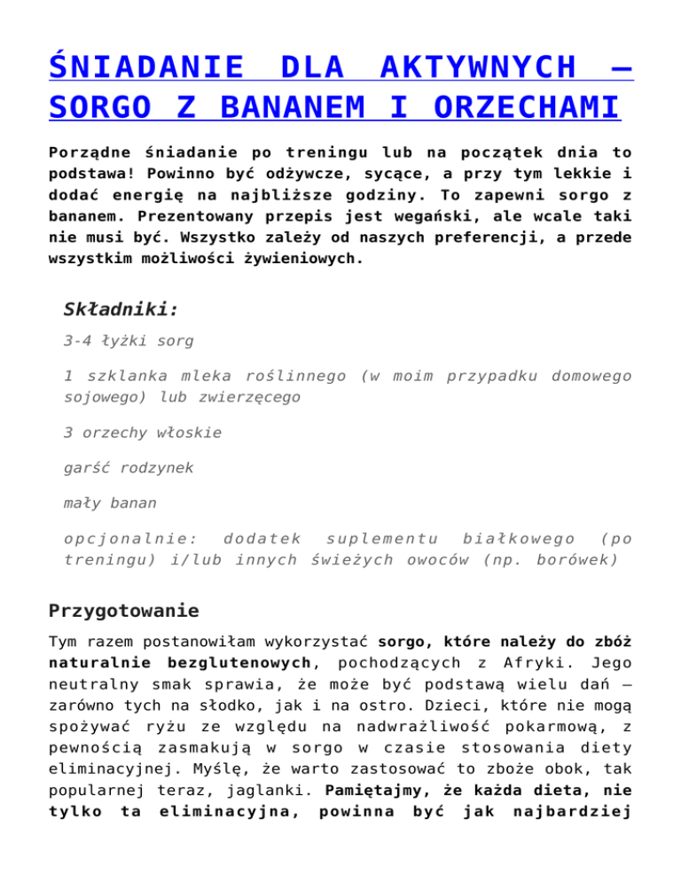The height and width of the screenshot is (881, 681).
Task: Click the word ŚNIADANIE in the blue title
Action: pos(147,67)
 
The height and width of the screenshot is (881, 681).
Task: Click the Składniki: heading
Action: pos(121,309)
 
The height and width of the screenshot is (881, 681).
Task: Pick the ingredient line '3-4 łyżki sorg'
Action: pos(129,340)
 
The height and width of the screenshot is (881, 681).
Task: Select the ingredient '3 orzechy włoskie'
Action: pos(143,433)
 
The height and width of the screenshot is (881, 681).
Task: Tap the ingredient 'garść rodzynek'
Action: pos(129,468)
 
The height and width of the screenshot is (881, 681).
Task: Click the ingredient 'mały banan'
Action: pos(110,503)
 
